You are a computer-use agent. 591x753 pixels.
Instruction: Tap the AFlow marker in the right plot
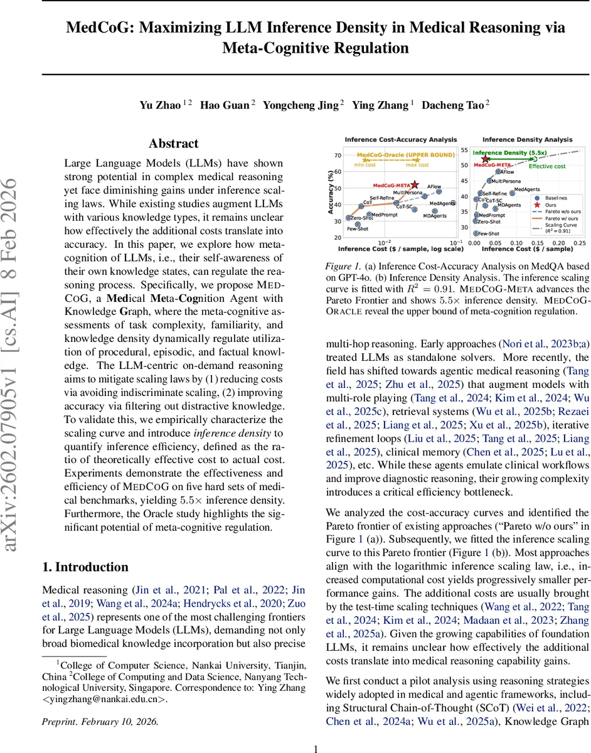click(x=498, y=170)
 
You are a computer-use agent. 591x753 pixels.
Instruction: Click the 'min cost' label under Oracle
click(x=366, y=165)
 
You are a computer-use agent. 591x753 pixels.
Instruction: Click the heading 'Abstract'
click(x=174, y=143)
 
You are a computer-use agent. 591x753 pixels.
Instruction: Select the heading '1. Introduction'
click(x=85, y=567)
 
